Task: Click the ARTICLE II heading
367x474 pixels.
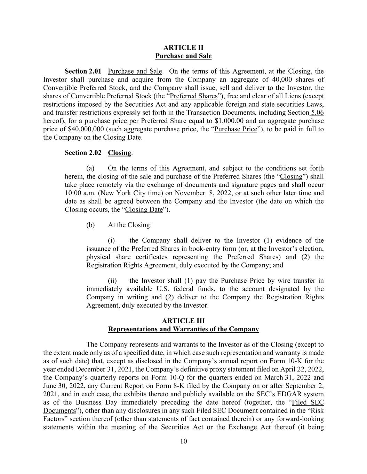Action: (x=183, y=48)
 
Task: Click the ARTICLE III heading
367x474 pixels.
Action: (x=183, y=321)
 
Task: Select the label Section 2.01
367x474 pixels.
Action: (x=83, y=72)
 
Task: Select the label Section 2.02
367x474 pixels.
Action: (x=83, y=153)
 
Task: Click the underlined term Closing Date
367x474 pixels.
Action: (x=144, y=210)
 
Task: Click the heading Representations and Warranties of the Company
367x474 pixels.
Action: (x=183, y=329)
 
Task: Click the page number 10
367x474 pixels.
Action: (x=183, y=441)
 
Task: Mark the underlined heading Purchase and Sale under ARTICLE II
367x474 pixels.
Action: (x=183, y=56)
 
